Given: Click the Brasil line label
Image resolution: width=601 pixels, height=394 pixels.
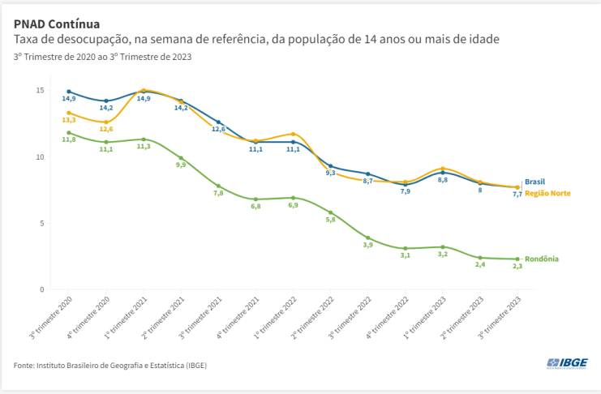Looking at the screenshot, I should (534, 182).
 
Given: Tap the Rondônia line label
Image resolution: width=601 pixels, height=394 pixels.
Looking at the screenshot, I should (541, 259).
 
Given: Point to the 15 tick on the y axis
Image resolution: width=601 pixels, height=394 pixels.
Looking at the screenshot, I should (39, 89).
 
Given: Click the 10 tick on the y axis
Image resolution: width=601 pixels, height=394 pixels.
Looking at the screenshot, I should (39, 156).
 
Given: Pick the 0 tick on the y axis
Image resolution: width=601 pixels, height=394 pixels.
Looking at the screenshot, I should (41, 289).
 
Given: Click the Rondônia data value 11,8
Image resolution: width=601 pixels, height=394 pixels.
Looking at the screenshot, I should (69, 140).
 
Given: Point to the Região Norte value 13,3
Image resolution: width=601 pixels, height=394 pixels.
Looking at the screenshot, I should (69, 120).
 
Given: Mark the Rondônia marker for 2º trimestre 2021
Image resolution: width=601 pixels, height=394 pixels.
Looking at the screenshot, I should (181, 158).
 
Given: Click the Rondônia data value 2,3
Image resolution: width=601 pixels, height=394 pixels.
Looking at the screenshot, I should (517, 266).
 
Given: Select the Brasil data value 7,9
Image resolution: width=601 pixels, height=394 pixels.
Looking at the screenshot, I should (406, 191).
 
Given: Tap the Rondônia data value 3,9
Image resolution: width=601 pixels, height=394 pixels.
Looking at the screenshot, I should (368, 245).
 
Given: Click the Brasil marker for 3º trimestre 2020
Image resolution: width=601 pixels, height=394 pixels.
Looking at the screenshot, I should (69, 92).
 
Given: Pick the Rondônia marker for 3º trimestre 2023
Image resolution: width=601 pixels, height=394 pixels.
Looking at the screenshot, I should (517, 259).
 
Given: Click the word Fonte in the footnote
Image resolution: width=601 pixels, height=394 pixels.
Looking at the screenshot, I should (24, 366).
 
